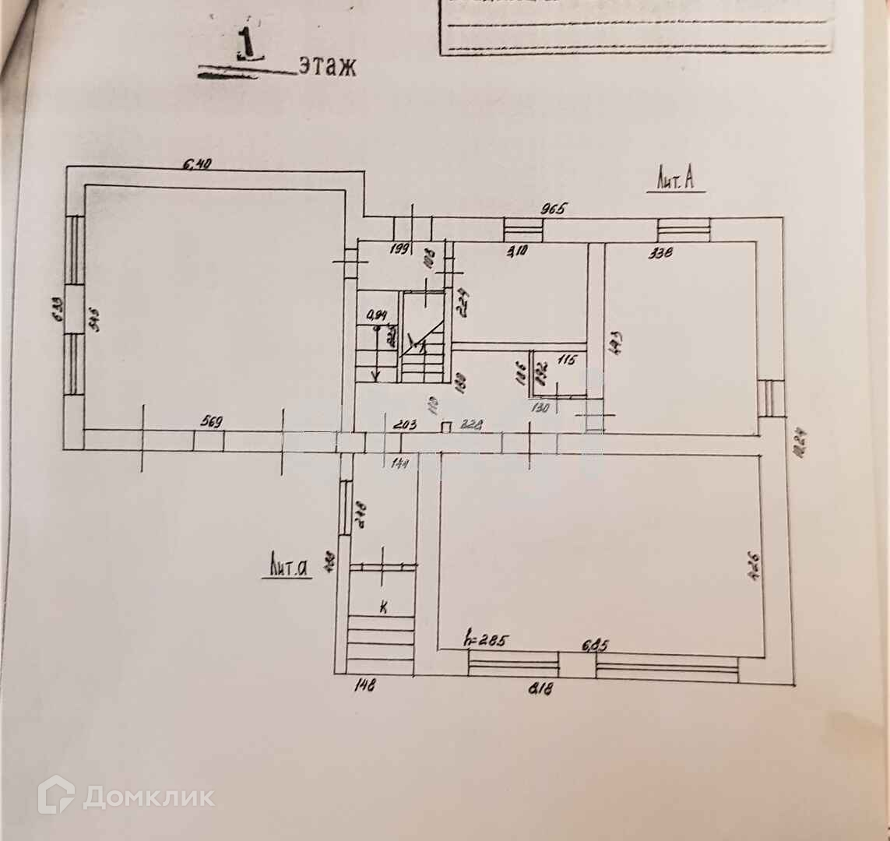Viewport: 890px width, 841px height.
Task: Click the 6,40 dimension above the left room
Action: tap(198, 164)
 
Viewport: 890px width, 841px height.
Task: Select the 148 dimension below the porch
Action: tap(364, 687)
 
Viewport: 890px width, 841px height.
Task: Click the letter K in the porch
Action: tap(383, 607)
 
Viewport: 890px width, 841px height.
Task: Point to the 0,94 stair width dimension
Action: tap(378, 316)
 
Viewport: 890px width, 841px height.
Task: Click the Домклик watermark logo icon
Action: tap(56, 796)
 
